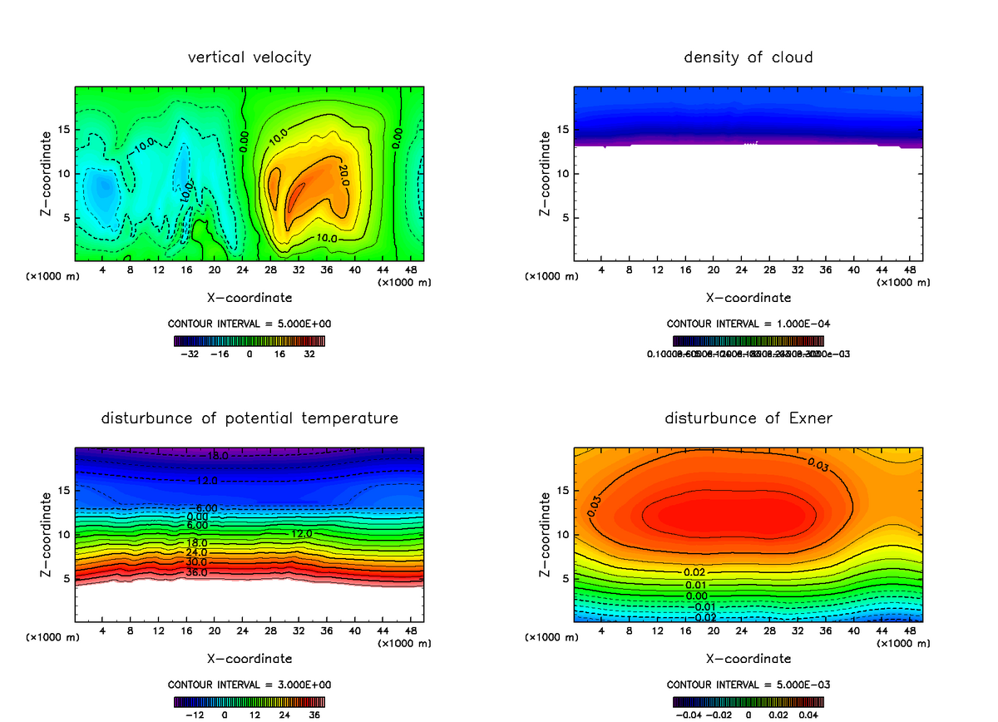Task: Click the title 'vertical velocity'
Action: [x=249, y=57]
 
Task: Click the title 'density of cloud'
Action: [x=748, y=57]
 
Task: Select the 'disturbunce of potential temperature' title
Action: [x=249, y=418]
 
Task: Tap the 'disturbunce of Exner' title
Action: [x=748, y=418]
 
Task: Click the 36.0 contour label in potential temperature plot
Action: [x=197, y=572]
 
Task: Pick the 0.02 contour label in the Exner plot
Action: [x=694, y=572]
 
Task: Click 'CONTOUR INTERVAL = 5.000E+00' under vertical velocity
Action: [x=249, y=324]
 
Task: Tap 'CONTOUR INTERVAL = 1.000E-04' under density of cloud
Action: [x=748, y=324]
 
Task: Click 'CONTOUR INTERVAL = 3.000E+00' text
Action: [x=249, y=685]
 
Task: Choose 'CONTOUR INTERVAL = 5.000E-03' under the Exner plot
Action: [x=748, y=685]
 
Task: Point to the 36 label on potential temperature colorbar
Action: [x=314, y=714]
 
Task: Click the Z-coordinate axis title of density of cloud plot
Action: [x=546, y=174]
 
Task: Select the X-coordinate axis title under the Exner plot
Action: [x=748, y=658]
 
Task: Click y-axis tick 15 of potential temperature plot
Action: [x=64, y=491]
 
